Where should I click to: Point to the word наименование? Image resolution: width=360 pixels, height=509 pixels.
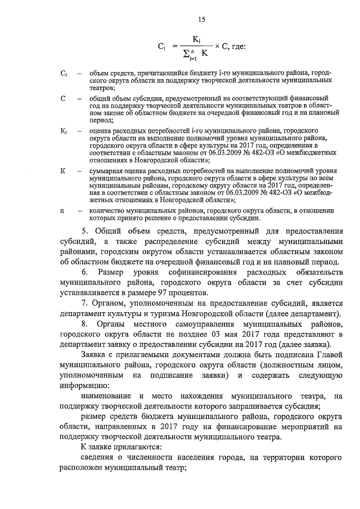(x=107, y=397)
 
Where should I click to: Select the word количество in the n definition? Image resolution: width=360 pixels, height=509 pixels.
(x=107, y=210)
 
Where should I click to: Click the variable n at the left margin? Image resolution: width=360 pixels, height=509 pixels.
(x=62, y=210)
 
